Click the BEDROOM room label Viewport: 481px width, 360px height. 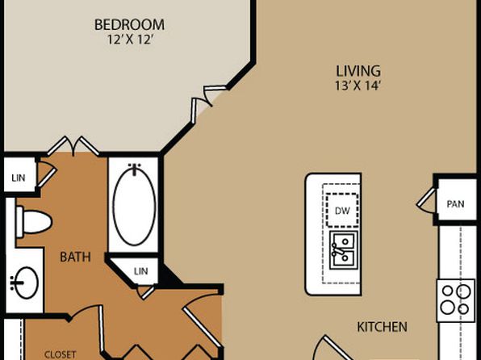pyautogui.click(x=129, y=25)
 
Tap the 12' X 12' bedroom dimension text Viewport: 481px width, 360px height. pyautogui.click(x=130, y=40)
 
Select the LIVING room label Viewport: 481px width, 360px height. pyautogui.click(x=358, y=71)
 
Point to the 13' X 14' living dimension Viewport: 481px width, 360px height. pyautogui.click(x=358, y=86)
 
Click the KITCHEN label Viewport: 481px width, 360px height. pyautogui.click(x=383, y=327)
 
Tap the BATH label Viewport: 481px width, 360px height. pyautogui.click(x=75, y=257)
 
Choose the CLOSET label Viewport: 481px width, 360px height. pyautogui.click(x=60, y=355)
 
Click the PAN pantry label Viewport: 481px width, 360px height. pyautogui.click(x=455, y=204)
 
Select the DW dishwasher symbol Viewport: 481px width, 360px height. pyautogui.click(x=342, y=211)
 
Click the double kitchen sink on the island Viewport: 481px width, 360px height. pyautogui.click(x=344, y=250)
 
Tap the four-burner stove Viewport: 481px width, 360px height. pyautogui.click(x=456, y=300)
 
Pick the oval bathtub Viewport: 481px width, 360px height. pyautogui.click(x=134, y=207)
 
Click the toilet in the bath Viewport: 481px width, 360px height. pyautogui.click(x=34, y=222)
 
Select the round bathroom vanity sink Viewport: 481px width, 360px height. pyautogui.click(x=26, y=283)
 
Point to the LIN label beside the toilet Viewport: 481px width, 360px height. pyautogui.click(x=19, y=178)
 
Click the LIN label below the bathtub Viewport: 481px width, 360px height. pyautogui.click(x=140, y=271)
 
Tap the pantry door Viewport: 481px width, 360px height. pyautogui.click(x=426, y=200)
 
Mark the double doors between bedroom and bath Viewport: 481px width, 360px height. pyautogui.click(x=73, y=145)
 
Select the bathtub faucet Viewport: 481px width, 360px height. pyautogui.click(x=134, y=170)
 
